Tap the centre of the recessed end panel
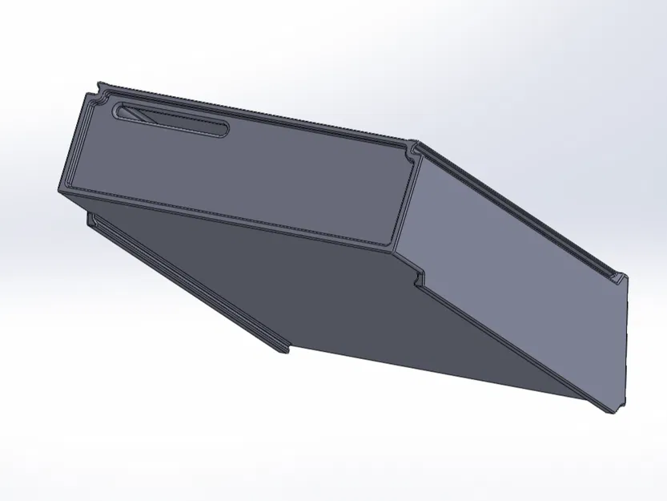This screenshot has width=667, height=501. [240, 172]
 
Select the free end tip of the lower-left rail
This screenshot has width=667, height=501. [285, 349]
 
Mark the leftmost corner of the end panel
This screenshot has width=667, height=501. [59, 191]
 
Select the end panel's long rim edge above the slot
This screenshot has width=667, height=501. [256, 115]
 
